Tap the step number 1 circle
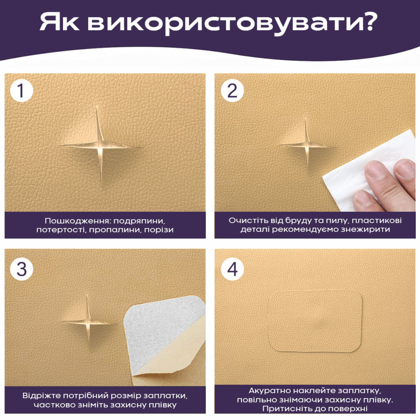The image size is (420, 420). coord(21,90)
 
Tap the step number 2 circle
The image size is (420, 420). coord(232,90)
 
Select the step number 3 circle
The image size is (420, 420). coord(21,269)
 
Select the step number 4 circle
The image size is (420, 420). coord(232,269)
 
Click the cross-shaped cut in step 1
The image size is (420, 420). coord(100,146)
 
